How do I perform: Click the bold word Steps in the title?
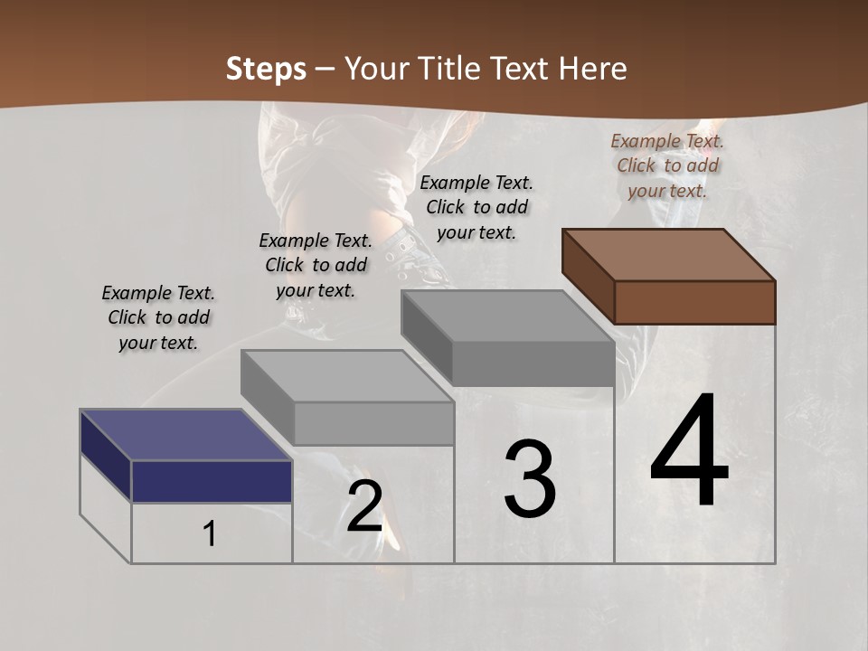point(266,69)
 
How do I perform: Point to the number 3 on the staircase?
point(530,479)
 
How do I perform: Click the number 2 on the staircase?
point(364,507)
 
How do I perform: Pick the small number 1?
point(210,534)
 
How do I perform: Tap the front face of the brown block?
point(694,302)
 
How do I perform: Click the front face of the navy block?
point(212,481)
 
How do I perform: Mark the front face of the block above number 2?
point(374,423)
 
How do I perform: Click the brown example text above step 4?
point(667,165)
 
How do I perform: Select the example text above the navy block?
point(158,317)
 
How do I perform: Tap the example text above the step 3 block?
point(476,207)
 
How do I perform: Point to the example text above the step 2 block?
point(316,265)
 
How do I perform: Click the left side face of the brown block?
point(588,276)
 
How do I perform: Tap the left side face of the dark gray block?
point(427,336)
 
